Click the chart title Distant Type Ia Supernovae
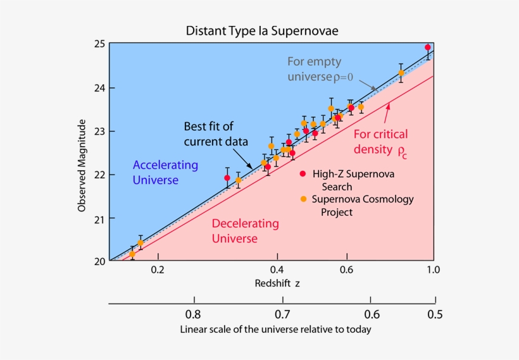click(266, 30)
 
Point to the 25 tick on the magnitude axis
click(99, 44)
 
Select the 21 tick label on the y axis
click(99, 218)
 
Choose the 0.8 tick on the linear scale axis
click(193, 314)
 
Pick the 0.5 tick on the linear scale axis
click(434, 314)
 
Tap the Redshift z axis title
click(277, 283)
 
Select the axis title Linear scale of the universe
click(275, 330)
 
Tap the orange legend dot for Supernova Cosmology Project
click(303, 199)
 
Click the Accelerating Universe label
click(165, 173)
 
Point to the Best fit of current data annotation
click(216, 133)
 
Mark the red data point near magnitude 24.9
click(428, 47)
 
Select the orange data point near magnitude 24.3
click(401, 73)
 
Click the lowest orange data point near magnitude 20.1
click(132, 254)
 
